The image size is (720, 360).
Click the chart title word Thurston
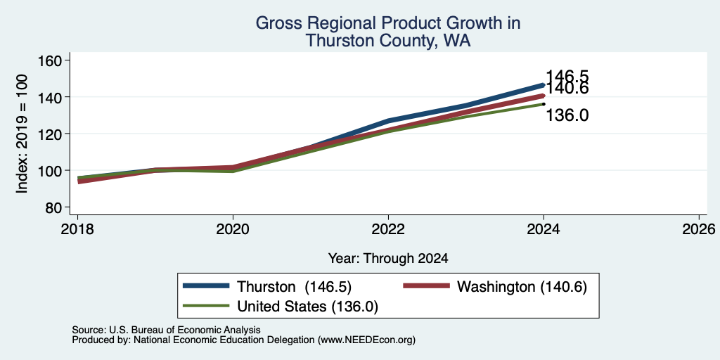pos(334,40)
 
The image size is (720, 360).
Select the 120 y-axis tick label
pos(50,134)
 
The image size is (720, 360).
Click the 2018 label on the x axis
pos(78,229)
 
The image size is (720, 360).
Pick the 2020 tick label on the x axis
pos(233,229)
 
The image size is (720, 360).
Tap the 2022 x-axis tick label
pos(388,229)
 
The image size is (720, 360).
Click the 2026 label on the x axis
pos(699,229)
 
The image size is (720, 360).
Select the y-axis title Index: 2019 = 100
pos(22,134)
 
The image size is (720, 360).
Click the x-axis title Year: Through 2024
pos(388,259)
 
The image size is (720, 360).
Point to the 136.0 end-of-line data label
pos(567,116)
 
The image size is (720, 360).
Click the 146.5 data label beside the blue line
pos(567,76)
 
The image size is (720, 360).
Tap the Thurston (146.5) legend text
pos(294,287)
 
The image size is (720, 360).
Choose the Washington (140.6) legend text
pos(522,287)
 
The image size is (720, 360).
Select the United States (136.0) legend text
pos(308,307)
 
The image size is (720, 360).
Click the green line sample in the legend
pos(206,306)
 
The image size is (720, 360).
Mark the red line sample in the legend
pos(426,286)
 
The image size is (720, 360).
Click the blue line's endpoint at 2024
pos(544,85)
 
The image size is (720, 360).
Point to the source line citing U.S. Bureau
pos(166,330)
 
